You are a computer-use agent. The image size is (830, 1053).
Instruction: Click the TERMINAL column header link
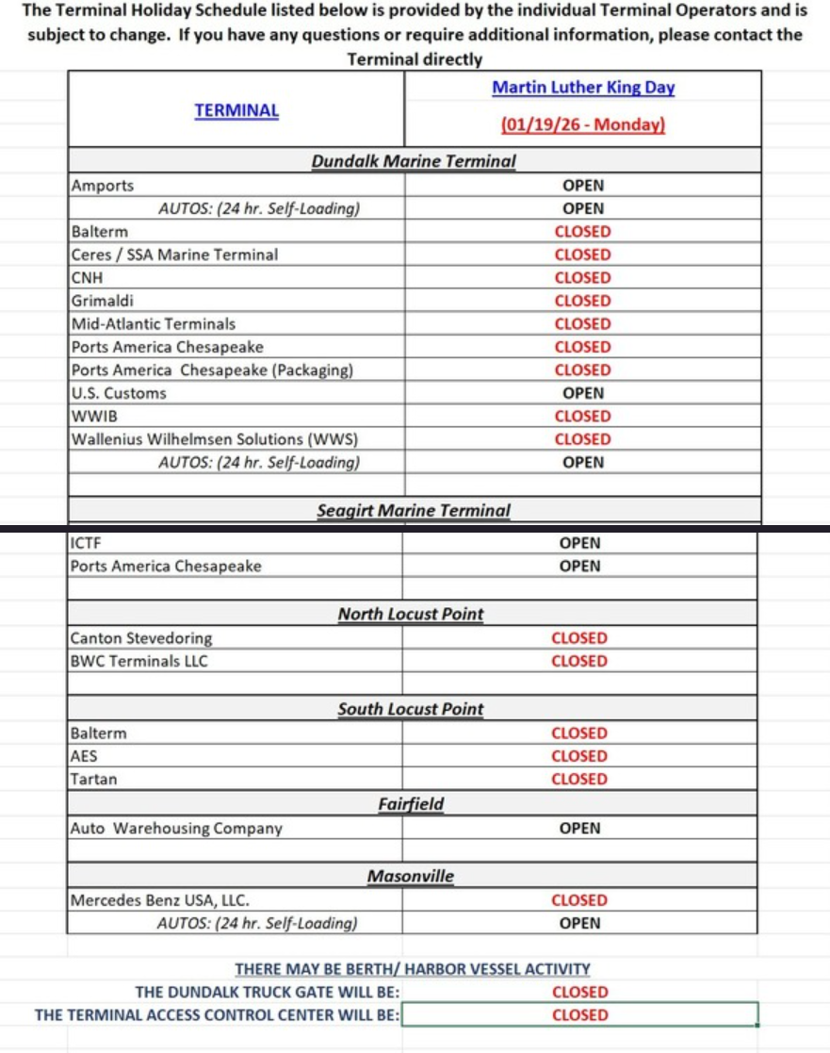[236, 110]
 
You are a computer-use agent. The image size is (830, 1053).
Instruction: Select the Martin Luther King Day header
[583, 88]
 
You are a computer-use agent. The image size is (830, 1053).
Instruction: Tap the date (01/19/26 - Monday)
[583, 124]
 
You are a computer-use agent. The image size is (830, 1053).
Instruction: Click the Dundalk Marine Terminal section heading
[414, 161]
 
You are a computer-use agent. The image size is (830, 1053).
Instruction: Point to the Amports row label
[103, 186]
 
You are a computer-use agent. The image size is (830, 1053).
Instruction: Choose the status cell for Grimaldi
[582, 301]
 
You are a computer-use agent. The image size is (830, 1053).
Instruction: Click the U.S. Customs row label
[119, 393]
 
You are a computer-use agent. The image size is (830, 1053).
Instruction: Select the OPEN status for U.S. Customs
[582, 393]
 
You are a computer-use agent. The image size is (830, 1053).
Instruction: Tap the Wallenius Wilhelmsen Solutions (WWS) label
[215, 439]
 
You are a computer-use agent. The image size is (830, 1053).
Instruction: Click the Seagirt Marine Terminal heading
[414, 511]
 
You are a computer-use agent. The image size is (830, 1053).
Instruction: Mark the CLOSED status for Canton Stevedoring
[579, 638]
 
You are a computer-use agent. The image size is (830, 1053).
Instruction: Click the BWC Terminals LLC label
[138, 661]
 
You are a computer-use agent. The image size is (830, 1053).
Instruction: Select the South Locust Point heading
[411, 709]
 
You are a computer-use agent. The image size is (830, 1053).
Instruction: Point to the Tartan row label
[93, 780]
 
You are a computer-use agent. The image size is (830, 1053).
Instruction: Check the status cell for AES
[579, 756]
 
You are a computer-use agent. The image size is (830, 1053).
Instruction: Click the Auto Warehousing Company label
[176, 829]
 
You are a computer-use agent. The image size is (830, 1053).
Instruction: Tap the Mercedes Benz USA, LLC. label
[160, 900]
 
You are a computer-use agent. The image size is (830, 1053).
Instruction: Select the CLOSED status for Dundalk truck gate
[579, 992]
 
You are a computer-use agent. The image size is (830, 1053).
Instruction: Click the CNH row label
[87, 278]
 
